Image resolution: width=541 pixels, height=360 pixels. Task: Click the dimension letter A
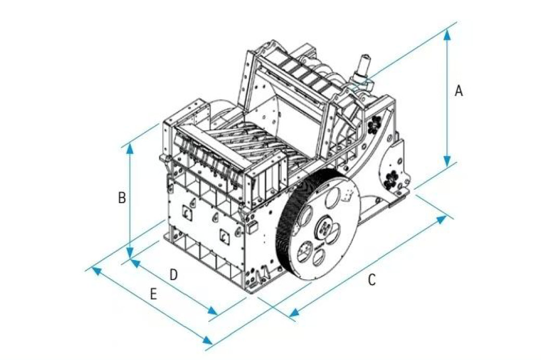pyautogui.click(x=458, y=91)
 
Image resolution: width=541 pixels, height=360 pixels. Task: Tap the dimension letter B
pyautogui.click(x=121, y=198)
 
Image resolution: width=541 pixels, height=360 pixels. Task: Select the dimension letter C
pyautogui.click(x=371, y=280)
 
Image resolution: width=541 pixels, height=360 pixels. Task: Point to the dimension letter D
pyautogui.click(x=174, y=275)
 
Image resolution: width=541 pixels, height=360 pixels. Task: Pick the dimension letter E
pyautogui.click(x=153, y=295)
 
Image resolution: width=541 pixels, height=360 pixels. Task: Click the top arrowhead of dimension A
pyautogui.click(x=447, y=34)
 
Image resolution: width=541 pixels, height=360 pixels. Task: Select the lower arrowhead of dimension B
pyautogui.click(x=130, y=253)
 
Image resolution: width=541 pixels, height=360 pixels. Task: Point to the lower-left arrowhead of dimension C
pyautogui.click(x=294, y=314)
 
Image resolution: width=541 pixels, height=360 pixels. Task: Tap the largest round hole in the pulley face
pyautogui.click(x=332, y=198)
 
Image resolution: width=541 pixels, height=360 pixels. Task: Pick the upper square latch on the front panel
pyautogui.click(x=186, y=212)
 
